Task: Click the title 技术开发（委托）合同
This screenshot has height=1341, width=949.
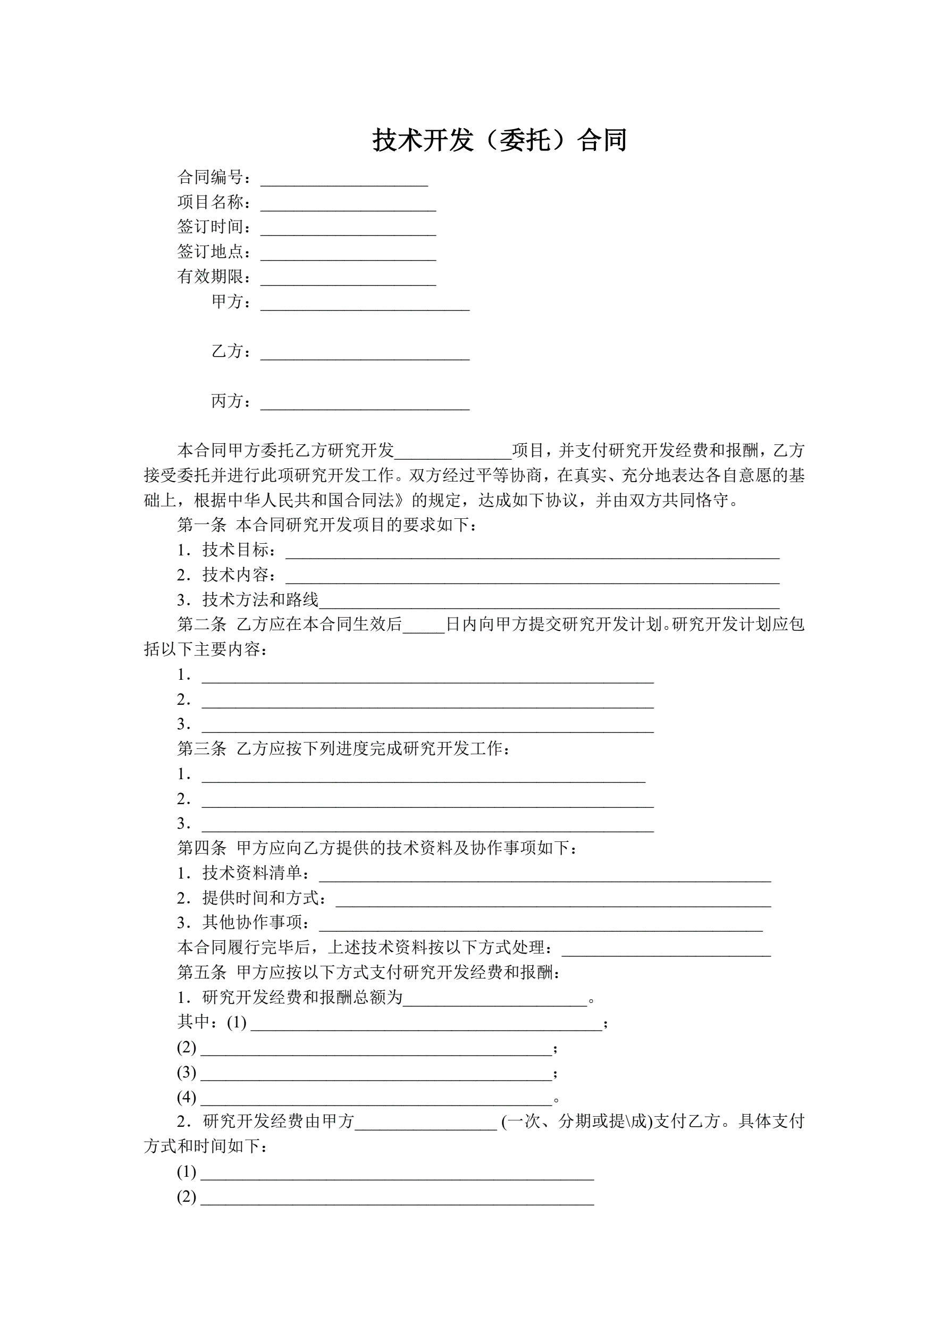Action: coord(500,140)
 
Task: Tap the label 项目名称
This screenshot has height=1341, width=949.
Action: coord(211,202)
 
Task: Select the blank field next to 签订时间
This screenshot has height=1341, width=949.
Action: coord(348,229)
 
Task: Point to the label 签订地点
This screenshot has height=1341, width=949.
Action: coord(211,252)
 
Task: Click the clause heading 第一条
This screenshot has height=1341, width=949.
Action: coord(201,525)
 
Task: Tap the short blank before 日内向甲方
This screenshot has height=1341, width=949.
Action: coord(424,627)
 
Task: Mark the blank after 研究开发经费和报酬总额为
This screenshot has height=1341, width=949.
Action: coord(495,1000)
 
